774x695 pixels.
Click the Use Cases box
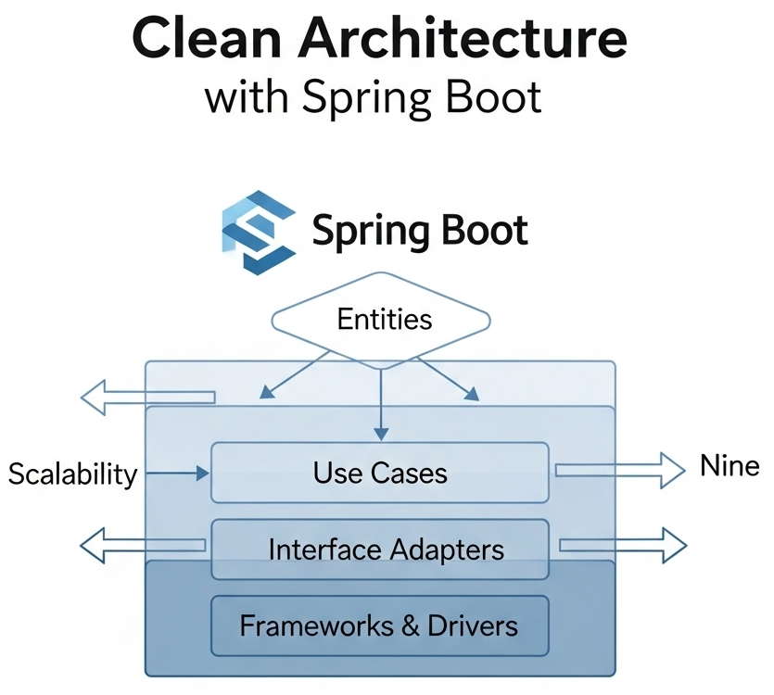[x=380, y=473]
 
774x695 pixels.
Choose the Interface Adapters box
[x=380, y=550]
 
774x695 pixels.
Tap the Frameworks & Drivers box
[x=380, y=625]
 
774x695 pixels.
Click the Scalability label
[x=72, y=474]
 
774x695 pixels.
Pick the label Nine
[x=730, y=467]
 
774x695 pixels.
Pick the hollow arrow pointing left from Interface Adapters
[x=144, y=545]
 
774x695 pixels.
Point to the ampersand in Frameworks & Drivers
[x=409, y=625]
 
